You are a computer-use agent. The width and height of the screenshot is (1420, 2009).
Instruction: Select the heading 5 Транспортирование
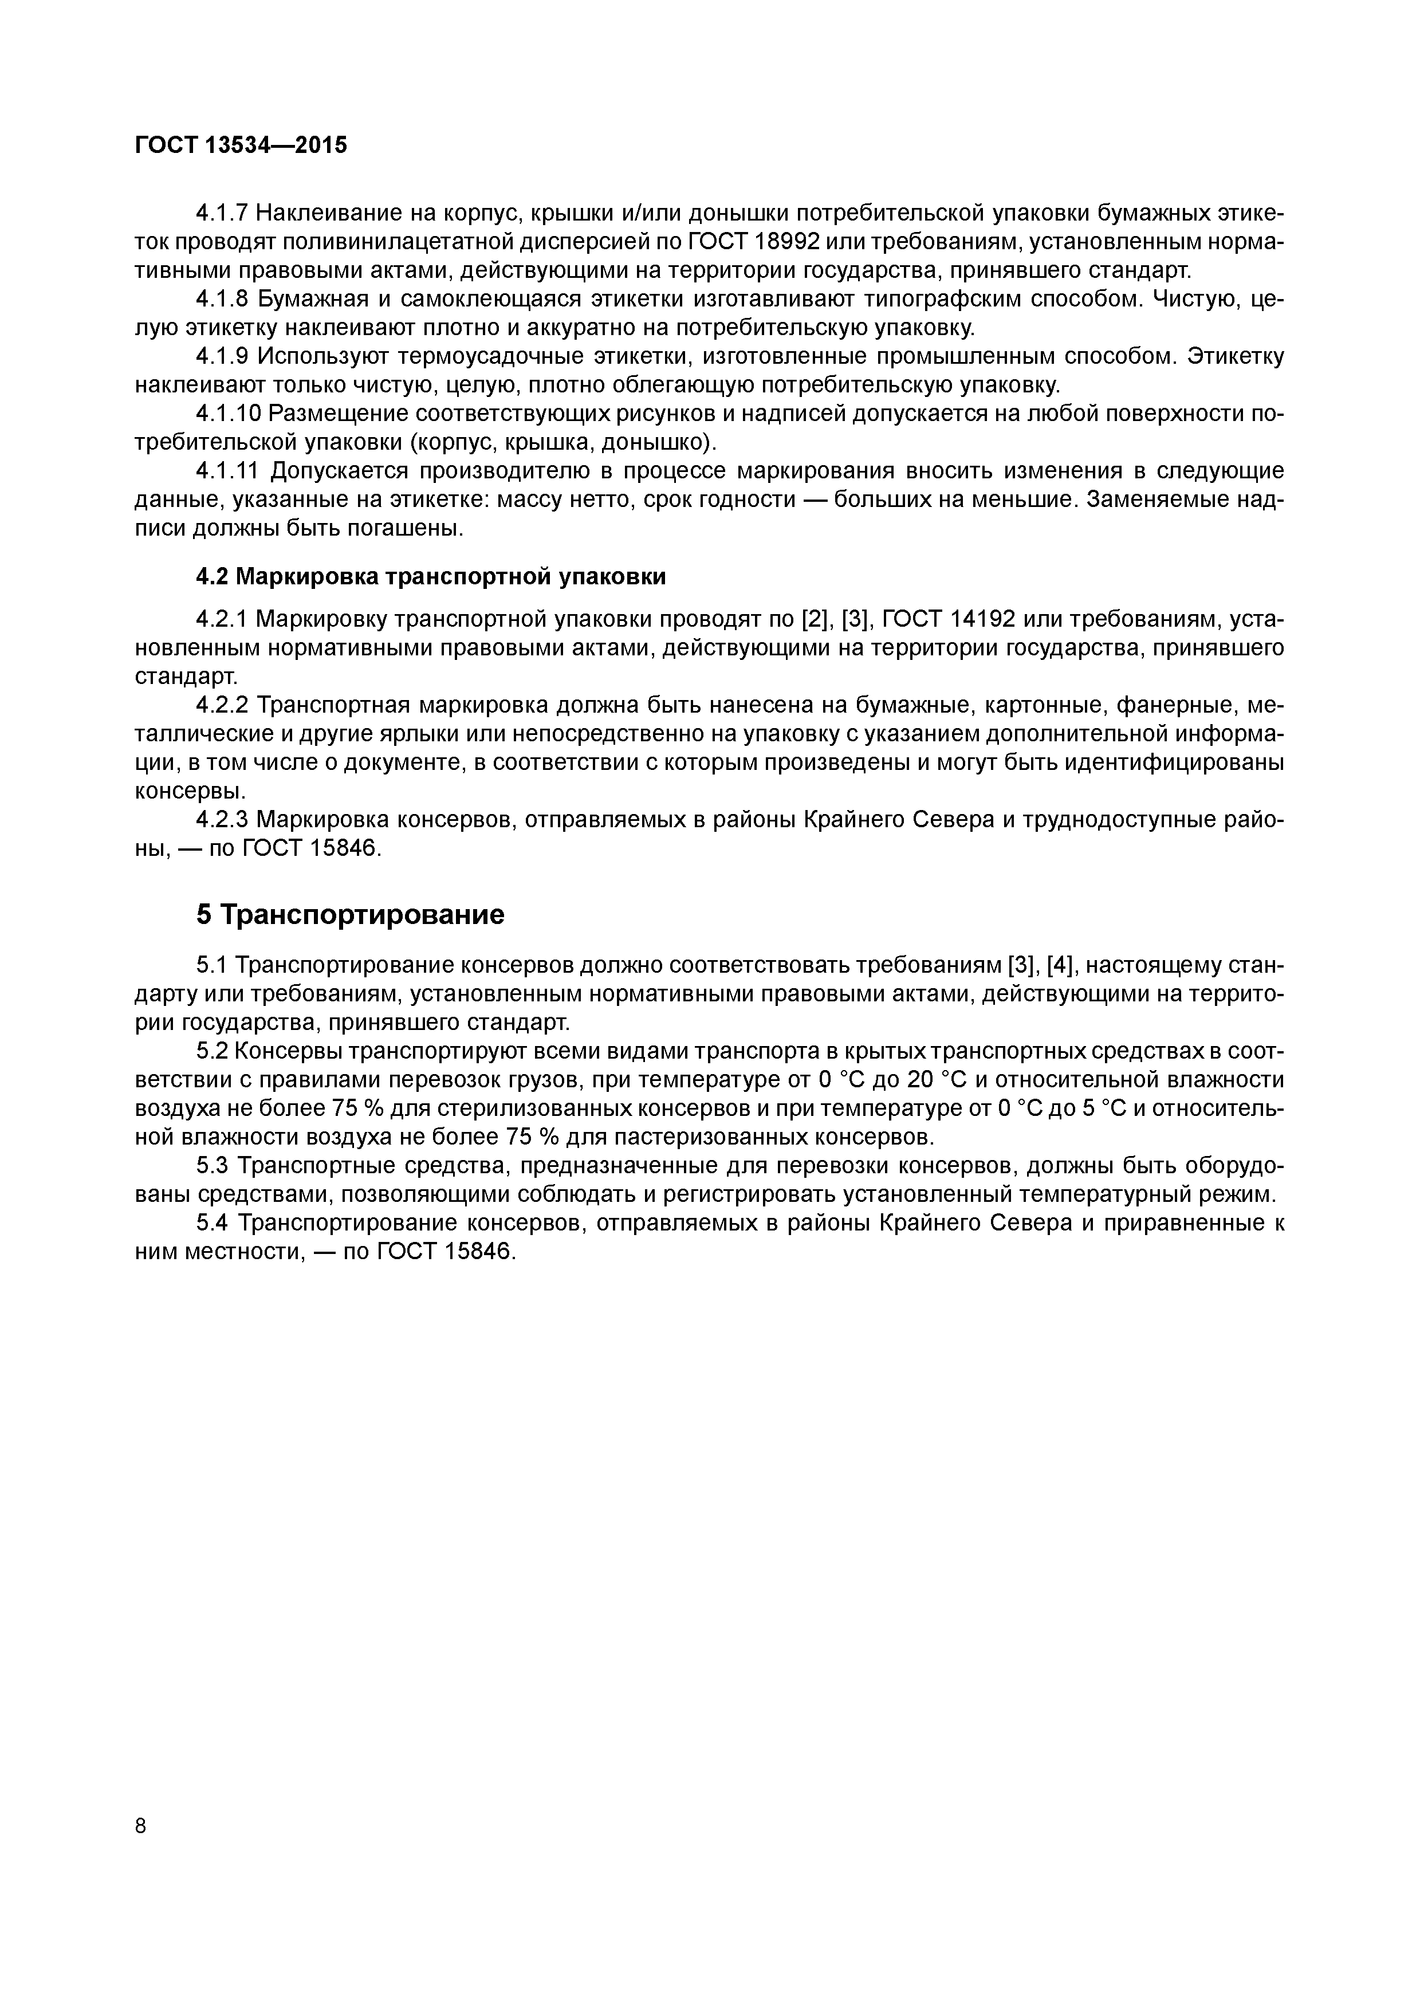coord(350,914)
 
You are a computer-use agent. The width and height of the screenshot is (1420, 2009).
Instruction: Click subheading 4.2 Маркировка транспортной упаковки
coord(430,577)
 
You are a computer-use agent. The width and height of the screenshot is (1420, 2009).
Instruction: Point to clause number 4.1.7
coord(222,213)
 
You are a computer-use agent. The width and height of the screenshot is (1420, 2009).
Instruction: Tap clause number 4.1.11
coord(227,471)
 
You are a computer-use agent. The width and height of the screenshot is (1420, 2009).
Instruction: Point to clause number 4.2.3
coord(222,819)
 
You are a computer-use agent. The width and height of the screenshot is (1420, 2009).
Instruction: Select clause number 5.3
coord(213,1166)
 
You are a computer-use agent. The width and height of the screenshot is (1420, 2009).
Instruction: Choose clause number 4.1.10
coord(227,413)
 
